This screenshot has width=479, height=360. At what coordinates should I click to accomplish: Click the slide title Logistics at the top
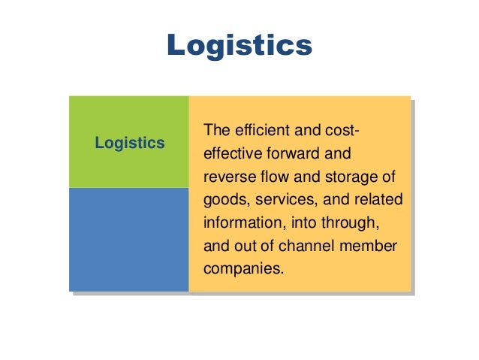coord(239,45)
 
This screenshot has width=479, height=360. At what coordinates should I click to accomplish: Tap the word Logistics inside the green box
coord(130,142)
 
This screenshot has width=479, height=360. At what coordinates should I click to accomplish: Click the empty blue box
coord(128,239)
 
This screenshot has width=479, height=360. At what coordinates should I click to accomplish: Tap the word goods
coord(224,201)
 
